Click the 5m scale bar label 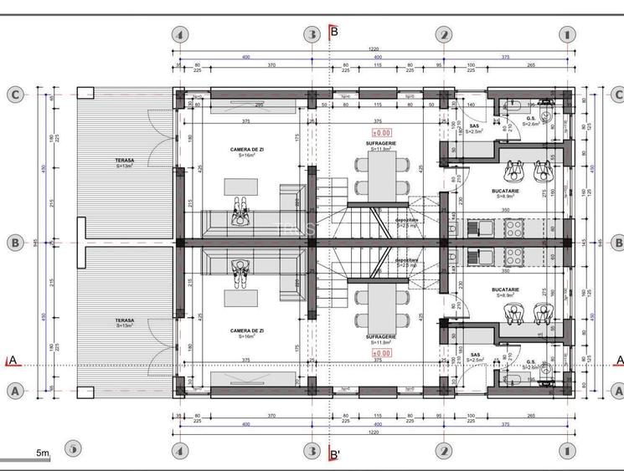(42, 453)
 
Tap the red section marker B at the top (333, 32)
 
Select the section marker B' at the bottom (334, 456)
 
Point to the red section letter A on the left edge (12, 361)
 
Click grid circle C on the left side (14, 95)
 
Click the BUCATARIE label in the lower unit (505, 290)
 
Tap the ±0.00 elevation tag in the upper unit (381, 132)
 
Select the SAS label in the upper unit (474, 125)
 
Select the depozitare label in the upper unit (407, 220)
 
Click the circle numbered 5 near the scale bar (73, 448)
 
